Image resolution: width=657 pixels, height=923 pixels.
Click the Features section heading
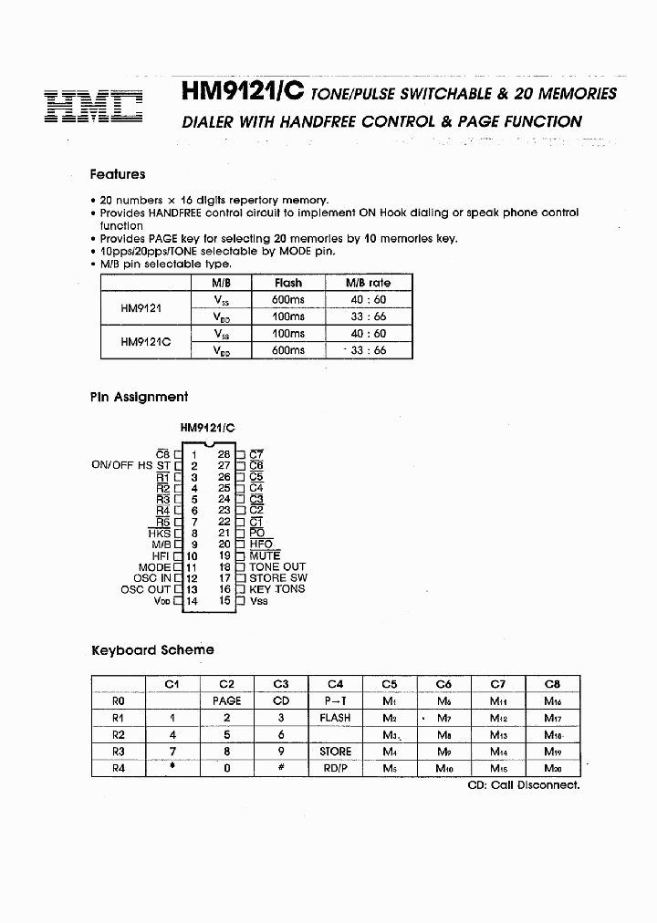tap(117, 174)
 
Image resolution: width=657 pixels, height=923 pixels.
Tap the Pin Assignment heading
tap(139, 397)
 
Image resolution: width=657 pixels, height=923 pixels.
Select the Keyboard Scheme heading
tap(152, 650)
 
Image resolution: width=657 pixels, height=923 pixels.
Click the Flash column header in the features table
tap(288, 283)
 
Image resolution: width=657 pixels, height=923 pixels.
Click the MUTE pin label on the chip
tap(265, 555)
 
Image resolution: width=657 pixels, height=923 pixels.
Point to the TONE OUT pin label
tap(277, 566)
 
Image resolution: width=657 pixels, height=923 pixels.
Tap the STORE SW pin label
tap(278, 577)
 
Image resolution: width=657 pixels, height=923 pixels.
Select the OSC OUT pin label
tap(145, 589)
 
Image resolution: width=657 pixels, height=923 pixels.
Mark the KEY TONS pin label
tap(276, 589)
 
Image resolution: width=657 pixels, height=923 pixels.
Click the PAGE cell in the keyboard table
tap(226, 700)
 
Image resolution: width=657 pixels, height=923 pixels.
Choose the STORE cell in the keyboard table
tap(335, 752)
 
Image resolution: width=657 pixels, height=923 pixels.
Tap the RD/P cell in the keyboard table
tap(335, 768)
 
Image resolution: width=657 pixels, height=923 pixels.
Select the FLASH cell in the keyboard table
tap(335, 718)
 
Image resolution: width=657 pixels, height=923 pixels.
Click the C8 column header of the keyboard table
tap(552, 683)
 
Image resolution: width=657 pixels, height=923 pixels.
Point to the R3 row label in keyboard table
tap(118, 752)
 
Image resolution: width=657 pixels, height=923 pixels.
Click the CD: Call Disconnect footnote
tap(523, 785)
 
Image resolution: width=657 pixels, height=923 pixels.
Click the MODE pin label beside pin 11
tap(154, 567)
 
